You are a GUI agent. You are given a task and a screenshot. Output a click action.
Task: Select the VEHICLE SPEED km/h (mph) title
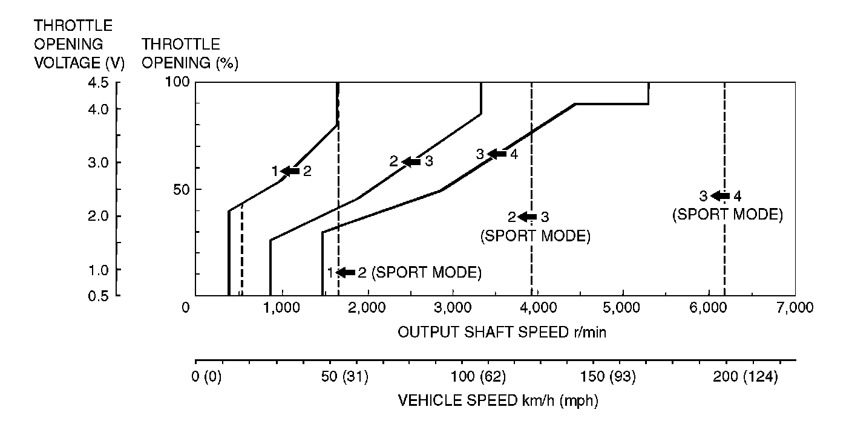[x=498, y=401]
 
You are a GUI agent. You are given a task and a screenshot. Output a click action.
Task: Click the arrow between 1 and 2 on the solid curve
[x=290, y=171]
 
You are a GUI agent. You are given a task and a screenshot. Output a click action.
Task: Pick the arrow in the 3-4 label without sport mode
[x=497, y=154]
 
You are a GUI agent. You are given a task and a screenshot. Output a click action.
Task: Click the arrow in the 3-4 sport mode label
[x=719, y=196]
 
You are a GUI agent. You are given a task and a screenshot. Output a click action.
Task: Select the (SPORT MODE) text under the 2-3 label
[x=535, y=236]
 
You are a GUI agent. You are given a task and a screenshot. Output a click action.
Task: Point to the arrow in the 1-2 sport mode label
[x=346, y=273]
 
